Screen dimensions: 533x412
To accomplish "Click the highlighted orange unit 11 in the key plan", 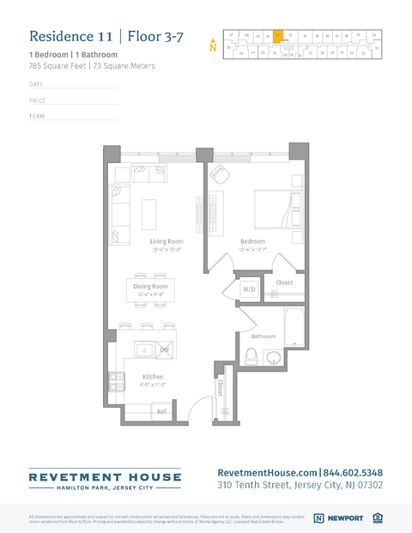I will [x=278, y=36].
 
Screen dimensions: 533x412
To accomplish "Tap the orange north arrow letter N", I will [x=213, y=47].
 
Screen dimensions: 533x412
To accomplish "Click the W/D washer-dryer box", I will [x=249, y=289].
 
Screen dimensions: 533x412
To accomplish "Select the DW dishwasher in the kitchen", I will [x=165, y=349].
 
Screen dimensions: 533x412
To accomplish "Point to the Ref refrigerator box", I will [x=161, y=412].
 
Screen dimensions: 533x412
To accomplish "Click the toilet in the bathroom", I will [x=273, y=357].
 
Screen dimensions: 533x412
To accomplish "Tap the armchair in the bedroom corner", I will [x=220, y=175].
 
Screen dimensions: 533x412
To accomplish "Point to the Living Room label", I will [x=167, y=242].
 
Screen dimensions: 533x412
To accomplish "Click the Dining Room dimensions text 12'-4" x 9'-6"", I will [x=150, y=294].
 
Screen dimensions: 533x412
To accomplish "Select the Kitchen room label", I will [x=152, y=376].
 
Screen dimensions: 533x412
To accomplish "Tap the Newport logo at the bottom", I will [x=338, y=518].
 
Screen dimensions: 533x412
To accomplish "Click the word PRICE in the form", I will [x=38, y=100].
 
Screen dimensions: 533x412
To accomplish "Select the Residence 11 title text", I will [x=71, y=36].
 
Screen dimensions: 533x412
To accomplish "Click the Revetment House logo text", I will [x=105, y=476].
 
